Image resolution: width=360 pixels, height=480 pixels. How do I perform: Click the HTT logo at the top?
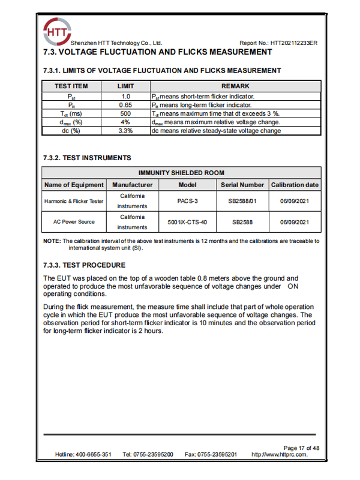coord(56,29)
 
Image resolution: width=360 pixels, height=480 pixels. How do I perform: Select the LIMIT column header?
coord(125,86)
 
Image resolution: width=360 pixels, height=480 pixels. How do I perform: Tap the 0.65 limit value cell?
coord(125,104)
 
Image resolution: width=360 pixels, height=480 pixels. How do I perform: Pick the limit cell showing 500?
coord(125,113)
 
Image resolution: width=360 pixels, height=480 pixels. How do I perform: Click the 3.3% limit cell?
coord(125,130)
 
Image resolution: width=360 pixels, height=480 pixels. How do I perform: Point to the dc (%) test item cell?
coord(71,130)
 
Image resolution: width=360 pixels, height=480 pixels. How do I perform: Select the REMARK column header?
coord(235,86)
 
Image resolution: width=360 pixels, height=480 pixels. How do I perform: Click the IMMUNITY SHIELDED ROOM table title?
coord(181,173)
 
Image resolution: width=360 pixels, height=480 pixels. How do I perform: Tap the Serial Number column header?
coord(242,185)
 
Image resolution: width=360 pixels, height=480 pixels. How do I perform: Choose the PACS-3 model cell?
coord(187,202)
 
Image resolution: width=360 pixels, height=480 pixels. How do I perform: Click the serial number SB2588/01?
coord(242,202)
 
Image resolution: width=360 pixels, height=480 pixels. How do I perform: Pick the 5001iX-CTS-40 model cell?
coord(187,222)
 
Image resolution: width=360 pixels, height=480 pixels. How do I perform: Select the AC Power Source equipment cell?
coord(74,222)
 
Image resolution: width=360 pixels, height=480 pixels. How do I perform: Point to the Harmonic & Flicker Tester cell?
coord(74,202)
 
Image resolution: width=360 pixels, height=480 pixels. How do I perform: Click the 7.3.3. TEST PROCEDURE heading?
coord(85,265)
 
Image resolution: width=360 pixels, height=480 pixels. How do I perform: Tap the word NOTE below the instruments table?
coord(51,241)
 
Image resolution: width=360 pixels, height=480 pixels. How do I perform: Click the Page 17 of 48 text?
coord(301,448)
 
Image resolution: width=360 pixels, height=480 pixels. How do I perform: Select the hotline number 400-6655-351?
coord(92,455)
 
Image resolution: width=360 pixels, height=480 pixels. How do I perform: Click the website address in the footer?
coord(280,455)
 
